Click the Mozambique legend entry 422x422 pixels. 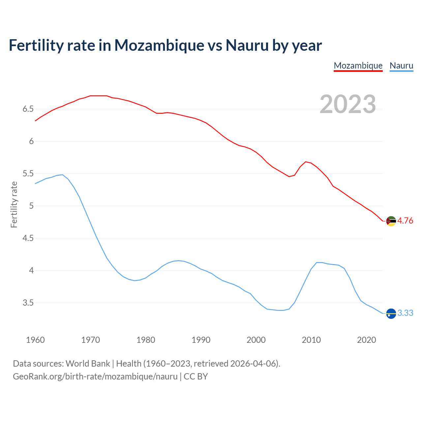(358, 66)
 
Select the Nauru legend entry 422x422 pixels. (401, 66)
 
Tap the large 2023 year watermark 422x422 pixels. (348, 104)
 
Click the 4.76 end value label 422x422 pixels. (405, 221)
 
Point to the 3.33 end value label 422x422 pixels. (405, 313)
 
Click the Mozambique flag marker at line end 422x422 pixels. (391, 221)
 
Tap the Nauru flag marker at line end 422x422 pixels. (391, 313)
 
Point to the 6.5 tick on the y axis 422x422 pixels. (28, 109)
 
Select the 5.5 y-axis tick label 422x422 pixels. (28, 173)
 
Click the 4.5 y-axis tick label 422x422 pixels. (28, 238)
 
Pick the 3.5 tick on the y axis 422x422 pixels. (28, 303)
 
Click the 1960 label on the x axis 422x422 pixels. (35, 340)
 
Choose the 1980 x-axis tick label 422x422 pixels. (146, 340)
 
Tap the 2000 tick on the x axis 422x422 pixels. (256, 340)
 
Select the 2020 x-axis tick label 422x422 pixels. (366, 340)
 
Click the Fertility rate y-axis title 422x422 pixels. (14, 204)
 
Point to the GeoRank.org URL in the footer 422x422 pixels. (95, 377)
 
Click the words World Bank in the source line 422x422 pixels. (88, 364)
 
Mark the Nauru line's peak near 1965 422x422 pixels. (62, 175)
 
